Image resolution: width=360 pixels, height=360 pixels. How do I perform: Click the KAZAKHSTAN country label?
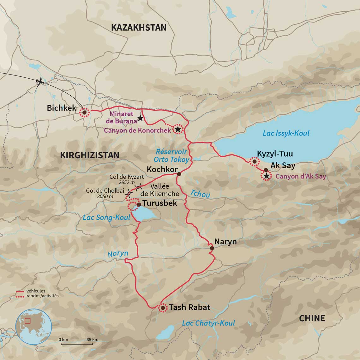[139, 27]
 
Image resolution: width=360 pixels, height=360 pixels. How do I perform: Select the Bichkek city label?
[62, 108]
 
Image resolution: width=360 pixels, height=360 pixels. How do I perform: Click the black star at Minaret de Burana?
[140, 119]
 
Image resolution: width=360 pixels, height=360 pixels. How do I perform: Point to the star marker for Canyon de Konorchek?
[178, 129]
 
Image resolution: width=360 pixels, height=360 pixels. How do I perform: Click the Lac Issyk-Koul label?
[286, 133]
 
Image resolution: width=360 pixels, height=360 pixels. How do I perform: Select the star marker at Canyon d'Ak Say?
[267, 176]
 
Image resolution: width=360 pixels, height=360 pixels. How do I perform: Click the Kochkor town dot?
[179, 174]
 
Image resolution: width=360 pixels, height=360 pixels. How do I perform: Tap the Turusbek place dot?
[139, 204]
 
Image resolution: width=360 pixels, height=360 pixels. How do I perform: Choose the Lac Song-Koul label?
[106, 218]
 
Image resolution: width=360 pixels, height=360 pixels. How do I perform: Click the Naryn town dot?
[212, 248]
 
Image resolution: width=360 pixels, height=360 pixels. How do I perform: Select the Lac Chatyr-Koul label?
[208, 323]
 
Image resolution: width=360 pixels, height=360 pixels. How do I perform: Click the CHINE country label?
[312, 318]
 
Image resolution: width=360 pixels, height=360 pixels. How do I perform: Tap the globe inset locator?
[33, 327]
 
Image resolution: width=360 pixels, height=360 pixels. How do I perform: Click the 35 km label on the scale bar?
[93, 339]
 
